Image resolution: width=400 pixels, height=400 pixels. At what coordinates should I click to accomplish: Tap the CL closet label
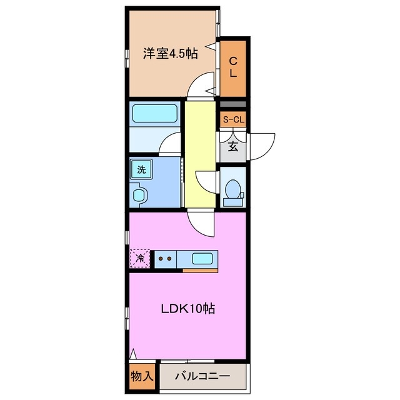[x=233, y=67]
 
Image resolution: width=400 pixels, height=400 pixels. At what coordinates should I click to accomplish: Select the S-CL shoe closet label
[x=233, y=119]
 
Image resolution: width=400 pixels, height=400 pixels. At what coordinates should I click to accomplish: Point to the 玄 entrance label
[x=232, y=147]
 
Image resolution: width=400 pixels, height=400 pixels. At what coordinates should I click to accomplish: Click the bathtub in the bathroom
[x=155, y=113]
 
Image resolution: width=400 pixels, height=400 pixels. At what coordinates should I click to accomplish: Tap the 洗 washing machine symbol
[x=141, y=169]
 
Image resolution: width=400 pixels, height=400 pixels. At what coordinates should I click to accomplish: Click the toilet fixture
[x=233, y=189]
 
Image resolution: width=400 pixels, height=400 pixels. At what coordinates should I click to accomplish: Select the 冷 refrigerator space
[x=141, y=257]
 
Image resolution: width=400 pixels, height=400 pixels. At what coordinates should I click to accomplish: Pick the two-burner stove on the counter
[x=165, y=257]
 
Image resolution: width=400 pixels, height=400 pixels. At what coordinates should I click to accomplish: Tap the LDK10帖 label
[x=189, y=309]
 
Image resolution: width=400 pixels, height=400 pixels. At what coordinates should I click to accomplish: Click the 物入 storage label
[x=142, y=376]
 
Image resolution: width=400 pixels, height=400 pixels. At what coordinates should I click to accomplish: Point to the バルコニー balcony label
[x=202, y=377]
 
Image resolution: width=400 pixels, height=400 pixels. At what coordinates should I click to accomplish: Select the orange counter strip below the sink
[x=199, y=271]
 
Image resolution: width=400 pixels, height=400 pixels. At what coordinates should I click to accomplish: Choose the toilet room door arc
[x=206, y=181]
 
